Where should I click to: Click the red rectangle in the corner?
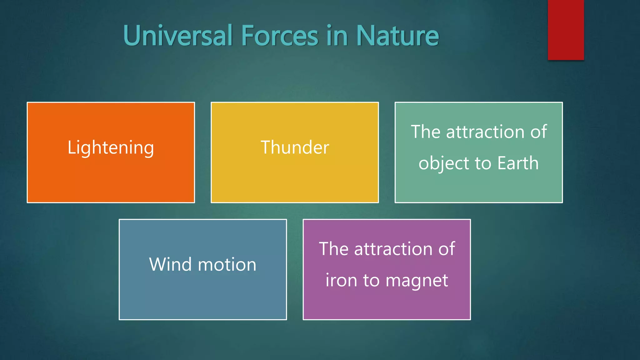(x=566, y=30)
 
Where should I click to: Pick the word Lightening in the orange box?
(x=111, y=147)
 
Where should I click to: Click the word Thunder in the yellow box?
(x=295, y=147)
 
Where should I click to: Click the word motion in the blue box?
(x=227, y=265)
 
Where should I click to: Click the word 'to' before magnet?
(x=371, y=281)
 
